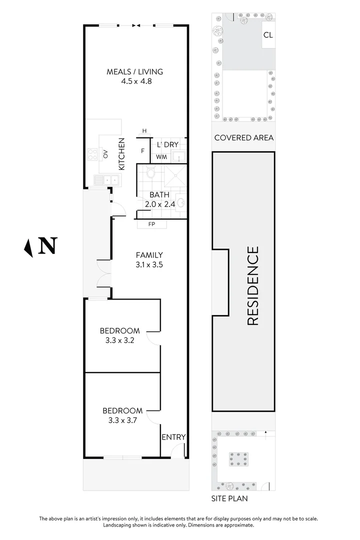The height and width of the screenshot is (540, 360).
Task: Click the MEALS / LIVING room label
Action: [x=134, y=71]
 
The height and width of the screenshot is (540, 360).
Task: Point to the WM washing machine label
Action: [x=161, y=157]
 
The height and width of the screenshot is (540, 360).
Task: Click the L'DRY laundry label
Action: [x=167, y=144]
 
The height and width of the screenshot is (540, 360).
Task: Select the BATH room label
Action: [x=159, y=195]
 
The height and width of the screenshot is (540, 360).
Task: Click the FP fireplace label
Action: [x=151, y=224]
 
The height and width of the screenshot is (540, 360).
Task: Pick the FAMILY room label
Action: [x=149, y=255]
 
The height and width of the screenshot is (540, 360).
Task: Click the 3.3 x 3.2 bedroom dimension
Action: [x=120, y=340]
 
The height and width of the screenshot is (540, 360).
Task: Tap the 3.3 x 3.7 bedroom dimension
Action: [x=122, y=420]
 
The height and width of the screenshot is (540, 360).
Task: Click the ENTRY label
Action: [x=173, y=437]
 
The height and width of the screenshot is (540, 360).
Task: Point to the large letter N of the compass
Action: [x=48, y=245]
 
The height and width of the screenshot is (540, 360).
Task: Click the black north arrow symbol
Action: [x=29, y=246]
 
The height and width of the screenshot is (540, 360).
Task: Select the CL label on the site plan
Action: [x=268, y=35]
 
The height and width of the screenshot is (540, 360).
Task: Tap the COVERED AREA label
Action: [x=243, y=137]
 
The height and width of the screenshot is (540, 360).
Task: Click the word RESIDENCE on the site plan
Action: [x=253, y=285]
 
